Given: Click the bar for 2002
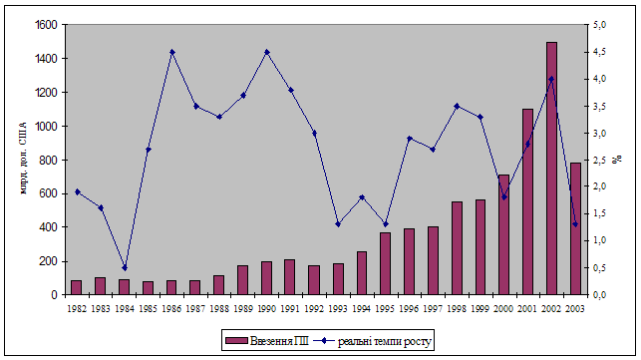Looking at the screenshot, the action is (551, 169).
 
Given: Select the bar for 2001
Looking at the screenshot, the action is (527, 201).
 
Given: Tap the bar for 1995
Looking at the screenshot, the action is (386, 263).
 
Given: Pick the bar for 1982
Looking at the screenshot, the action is (77, 287).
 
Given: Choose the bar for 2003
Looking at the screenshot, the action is (575, 228).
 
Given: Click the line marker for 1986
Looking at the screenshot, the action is (172, 52).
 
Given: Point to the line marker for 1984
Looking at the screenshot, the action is (125, 268).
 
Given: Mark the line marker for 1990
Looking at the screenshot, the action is (267, 52).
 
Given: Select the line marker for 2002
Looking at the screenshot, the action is (551, 79).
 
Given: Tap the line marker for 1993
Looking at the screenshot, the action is (338, 224).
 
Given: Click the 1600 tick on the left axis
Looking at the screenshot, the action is (46, 25).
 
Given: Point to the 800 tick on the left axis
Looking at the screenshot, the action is (48, 160).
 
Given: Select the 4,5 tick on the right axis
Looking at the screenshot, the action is (599, 52).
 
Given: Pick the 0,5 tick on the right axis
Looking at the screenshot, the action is (599, 268).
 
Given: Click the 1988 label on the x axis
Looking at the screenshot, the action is (219, 309).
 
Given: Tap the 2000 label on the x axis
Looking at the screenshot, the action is (504, 309).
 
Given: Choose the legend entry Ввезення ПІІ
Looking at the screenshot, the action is (267, 340).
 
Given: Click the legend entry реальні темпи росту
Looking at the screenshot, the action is (372, 341).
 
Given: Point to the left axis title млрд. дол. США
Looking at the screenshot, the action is (23, 159).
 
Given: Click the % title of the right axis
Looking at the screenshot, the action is (616, 160).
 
